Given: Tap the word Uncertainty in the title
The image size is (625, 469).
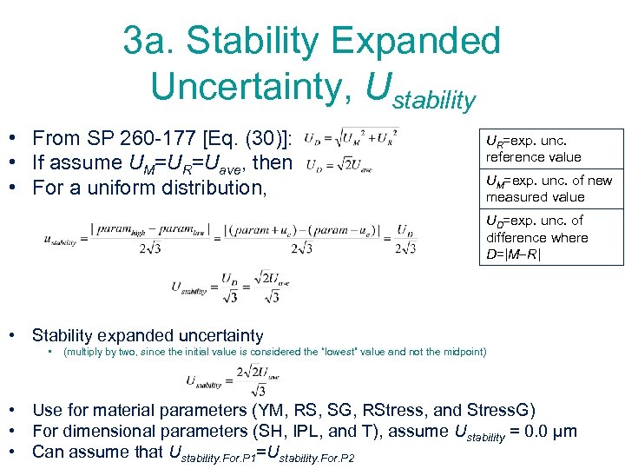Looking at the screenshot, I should click(247, 84).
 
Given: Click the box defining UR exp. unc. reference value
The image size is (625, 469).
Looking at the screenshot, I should click(551, 149).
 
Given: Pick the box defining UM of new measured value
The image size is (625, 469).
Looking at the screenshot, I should click(551, 188).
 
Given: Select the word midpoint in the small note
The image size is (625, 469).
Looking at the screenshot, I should click(463, 352).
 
